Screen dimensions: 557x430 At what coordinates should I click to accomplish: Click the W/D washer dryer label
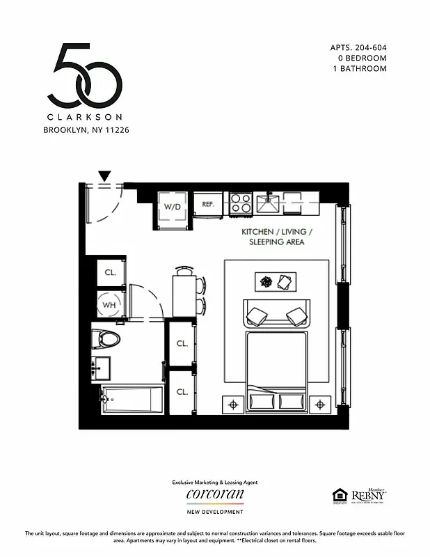point(172,207)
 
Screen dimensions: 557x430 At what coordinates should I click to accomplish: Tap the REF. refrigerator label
point(208,204)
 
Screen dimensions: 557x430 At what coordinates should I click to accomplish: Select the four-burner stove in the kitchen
point(241,203)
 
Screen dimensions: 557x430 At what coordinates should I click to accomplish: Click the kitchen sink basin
point(268,204)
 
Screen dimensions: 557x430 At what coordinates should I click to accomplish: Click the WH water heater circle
point(109,304)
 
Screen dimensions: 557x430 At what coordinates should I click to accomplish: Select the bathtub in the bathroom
point(132,400)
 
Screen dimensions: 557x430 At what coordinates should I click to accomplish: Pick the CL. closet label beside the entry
point(110,272)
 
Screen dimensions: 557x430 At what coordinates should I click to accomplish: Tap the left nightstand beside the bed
point(232,404)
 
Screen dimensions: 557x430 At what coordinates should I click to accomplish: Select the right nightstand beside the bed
point(320,404)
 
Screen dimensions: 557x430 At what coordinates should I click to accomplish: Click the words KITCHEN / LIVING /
point(277,231)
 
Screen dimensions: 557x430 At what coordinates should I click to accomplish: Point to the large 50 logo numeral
point(86,74)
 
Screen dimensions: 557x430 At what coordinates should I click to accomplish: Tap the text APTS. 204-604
point(358,48)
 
